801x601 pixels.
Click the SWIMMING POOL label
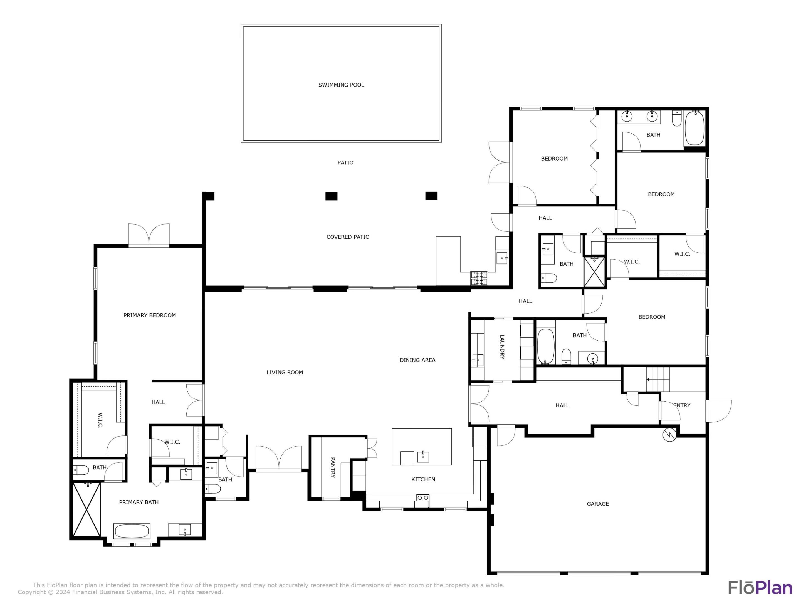(x=341, y=85)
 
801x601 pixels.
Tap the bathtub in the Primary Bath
(x=132, y=531)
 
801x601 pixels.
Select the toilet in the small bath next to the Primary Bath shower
(x=81, y=471)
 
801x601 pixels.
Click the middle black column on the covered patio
(x=331, y=196)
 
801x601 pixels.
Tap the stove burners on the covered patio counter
(x=479, y=278)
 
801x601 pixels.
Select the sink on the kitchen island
(x=423, y=457)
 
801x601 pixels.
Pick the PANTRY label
(x=332, y=467)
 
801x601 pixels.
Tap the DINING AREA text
(x=417, y=360)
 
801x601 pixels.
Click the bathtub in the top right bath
(x=694, y=128)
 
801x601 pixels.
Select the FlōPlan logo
(x=760, y=587)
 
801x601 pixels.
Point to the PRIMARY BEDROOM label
(x=150, y=315)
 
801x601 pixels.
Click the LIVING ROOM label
(x=285, y=372)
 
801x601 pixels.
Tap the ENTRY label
(x=681, y=405)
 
